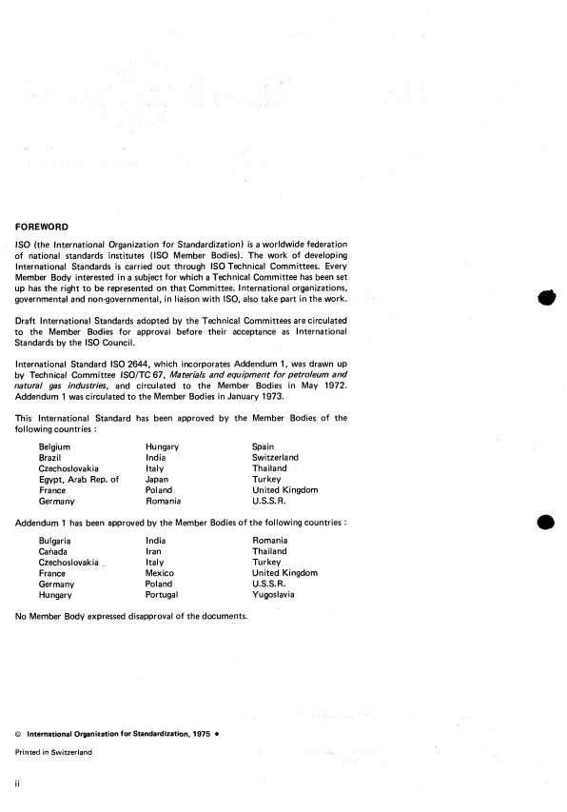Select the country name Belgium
(54, 446)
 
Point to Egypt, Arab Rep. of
(78, 479)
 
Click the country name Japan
(157, 479)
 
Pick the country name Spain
(264, 446)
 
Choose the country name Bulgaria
(55, 541)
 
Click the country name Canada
(53, 551)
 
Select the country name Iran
(153, 551)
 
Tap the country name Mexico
(159, 573)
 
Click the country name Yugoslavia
(273, 595)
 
